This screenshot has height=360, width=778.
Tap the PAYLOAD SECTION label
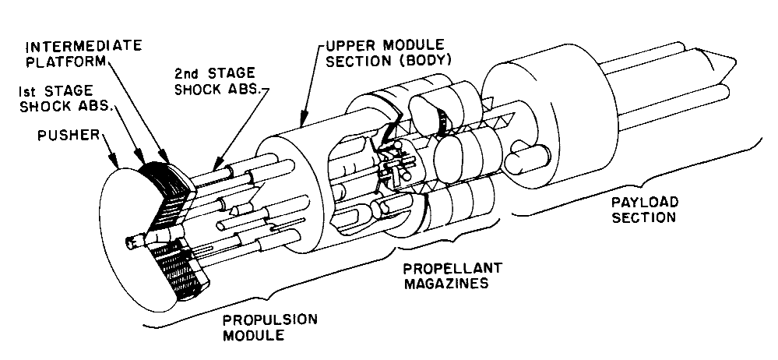pyautogui.click(x=643, y=209)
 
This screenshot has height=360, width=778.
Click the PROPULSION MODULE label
pyautogui.click(x=260, y=328)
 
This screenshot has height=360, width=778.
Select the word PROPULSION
pyautogui.click(x=260, y=320)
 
